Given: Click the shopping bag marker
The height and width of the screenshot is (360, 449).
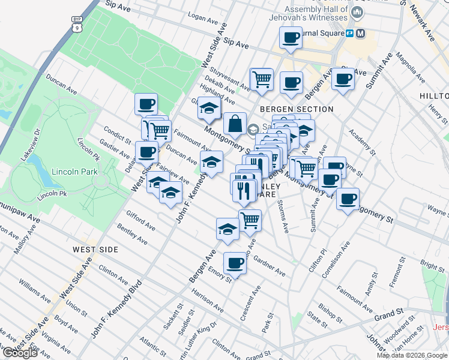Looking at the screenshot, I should (235, 125).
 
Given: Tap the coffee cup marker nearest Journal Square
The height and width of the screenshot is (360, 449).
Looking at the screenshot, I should (291, 38).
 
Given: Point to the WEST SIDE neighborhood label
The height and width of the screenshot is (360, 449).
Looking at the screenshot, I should (95, 249).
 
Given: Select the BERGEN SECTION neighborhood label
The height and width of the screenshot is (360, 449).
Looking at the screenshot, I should (297, 109).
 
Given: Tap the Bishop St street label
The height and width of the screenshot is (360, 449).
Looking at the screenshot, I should (330, 310).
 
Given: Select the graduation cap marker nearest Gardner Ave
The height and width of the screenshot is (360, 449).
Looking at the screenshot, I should (228, 230).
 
